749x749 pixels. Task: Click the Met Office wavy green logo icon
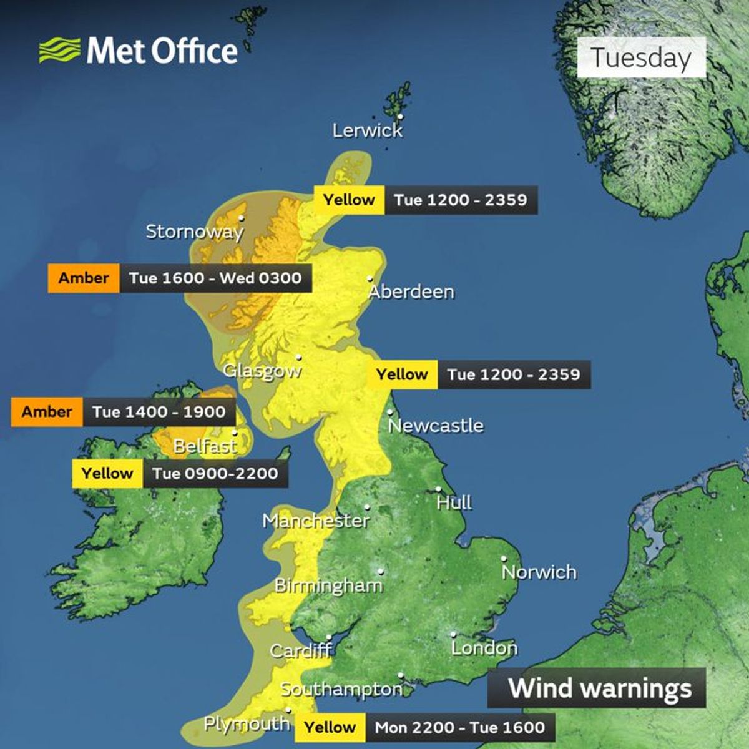coord(60,50)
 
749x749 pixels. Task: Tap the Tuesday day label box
coord(641,57)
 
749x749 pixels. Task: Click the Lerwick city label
coord(368,130)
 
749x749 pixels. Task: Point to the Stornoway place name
coord(194,232)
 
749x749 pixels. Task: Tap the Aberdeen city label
coord(411,291)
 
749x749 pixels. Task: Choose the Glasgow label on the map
coord(262,371)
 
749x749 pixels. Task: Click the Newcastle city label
coord(436,426)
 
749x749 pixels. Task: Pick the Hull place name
coord(454,502)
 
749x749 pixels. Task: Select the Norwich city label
coord(539,572)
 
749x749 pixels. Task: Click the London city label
coord(484,648)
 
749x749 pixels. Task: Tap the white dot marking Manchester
coord(367,507)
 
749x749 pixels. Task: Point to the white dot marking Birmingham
coord(381,571)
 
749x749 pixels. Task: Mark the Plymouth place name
coord(247,724)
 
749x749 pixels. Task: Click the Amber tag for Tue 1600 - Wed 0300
coord(84,278)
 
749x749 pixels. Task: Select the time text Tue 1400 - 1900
coord(159,412)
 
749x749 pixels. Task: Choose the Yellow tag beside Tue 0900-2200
coord(107,474)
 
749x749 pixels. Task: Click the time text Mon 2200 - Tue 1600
coord(459,727)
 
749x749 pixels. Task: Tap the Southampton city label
coord(341,689)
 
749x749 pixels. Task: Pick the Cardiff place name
coord(300,651)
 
